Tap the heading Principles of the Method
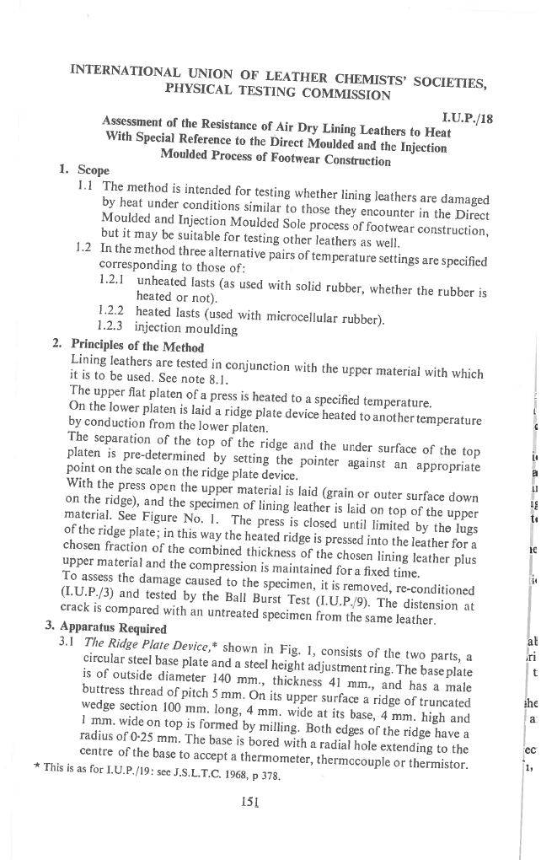click(x=137, y=345)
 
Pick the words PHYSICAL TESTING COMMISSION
click(x=278, y=91)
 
